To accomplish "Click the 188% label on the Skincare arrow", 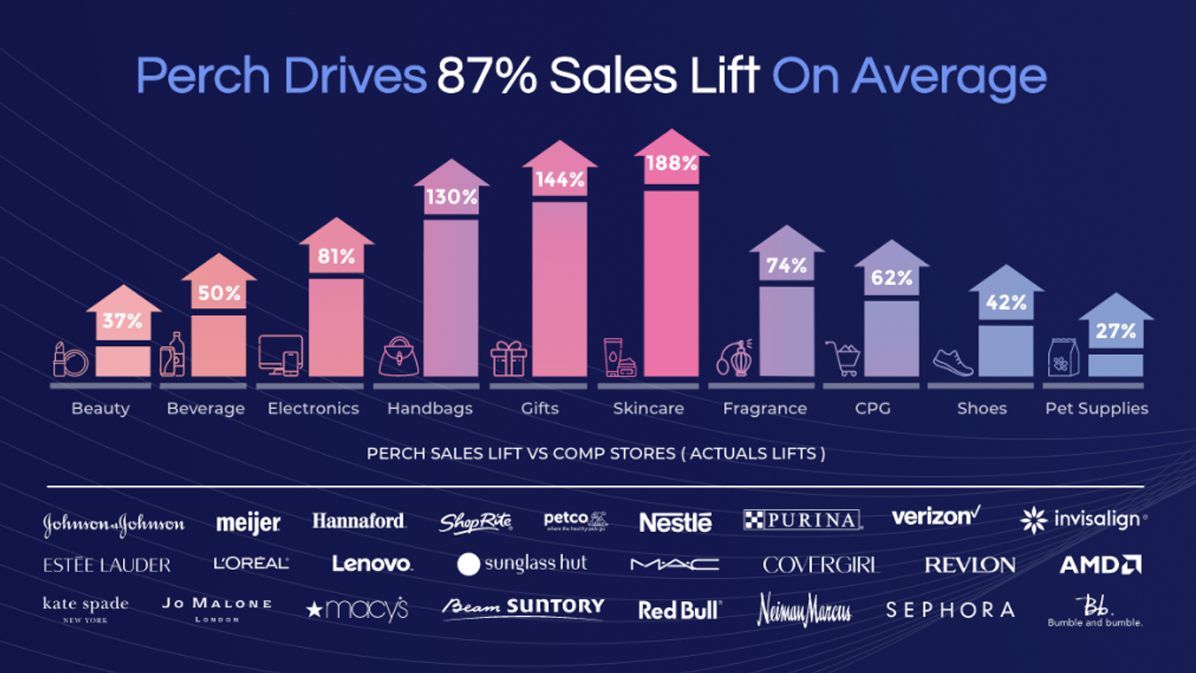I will tap(672, 163).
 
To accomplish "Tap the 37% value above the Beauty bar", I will tap(123, 321).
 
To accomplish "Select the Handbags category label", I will tap(430, 408).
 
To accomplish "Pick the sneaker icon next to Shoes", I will tap(952, 362).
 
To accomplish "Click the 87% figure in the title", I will tap(486, 76).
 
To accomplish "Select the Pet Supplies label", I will tap(1096, 408).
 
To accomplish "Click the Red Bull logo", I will tap(680, 610).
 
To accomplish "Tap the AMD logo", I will tap(1100, 565).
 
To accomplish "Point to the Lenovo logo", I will tap(372, 564).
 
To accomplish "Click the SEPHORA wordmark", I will tap(950, 609).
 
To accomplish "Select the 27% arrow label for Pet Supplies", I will tap(1116, 331).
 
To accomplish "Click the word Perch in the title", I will tap(202, 76).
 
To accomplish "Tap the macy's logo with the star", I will tap(358, 609).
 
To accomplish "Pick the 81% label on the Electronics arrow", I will tap(336, 256).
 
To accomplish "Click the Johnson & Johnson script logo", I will tap(113, 523).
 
